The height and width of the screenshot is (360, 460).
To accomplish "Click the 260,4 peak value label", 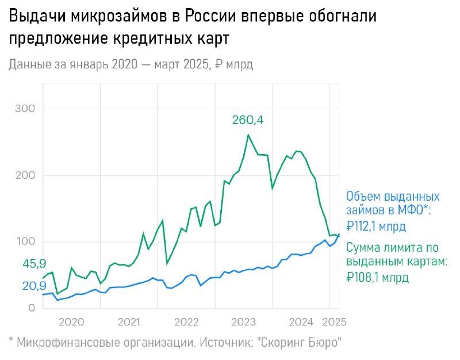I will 251,120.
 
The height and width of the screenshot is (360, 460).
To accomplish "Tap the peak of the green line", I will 248,135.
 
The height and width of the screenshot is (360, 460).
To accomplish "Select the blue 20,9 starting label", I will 34,285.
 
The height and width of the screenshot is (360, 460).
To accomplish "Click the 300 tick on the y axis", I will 24,109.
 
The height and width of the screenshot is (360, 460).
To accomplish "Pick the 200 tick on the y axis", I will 24,175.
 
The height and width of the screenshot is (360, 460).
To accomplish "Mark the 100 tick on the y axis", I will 24,242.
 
